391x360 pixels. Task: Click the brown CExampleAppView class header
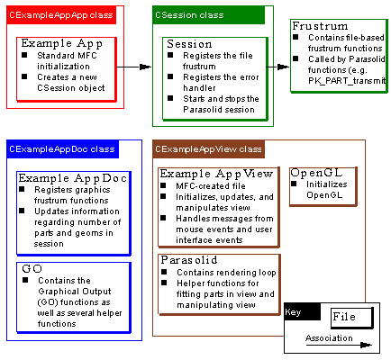(x=208, y=148)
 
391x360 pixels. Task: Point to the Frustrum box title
(x=320, y=26)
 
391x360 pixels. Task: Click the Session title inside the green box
(x=190, y=43)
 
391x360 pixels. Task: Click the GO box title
(x=33, y=268)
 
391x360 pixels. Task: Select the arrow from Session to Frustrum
(x=277, y=67)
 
